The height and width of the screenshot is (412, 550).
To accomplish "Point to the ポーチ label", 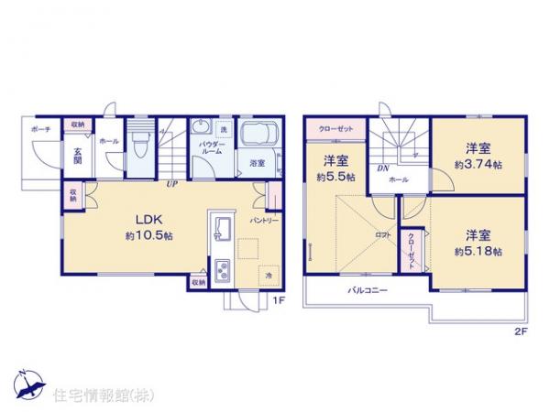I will pos(39,130).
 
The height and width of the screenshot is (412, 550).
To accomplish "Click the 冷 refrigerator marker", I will pos(269,275).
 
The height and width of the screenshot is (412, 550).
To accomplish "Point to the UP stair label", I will pos(171,184).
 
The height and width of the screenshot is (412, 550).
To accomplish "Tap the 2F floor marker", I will pos(520,331).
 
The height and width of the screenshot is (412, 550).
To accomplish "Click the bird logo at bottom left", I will pos(28,383).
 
